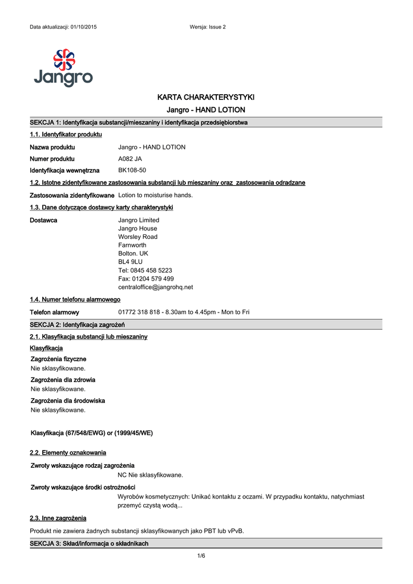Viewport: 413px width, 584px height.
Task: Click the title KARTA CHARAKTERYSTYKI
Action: point(205,97)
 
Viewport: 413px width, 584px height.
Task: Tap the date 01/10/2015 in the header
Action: point(83,27)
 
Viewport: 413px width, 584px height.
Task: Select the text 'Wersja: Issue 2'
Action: point(207,27)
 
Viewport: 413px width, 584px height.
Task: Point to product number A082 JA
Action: point(130,159)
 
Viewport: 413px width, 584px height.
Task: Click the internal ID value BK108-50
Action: point(132,171)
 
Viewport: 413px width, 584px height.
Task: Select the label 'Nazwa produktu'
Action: point(52,147)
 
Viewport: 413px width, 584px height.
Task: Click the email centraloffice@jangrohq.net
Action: point(155,287)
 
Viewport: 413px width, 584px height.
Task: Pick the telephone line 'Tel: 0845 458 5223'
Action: point(145,270)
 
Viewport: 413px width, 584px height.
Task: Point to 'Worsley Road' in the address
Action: point(137,237)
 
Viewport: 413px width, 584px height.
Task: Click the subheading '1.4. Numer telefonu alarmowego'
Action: point(75,299)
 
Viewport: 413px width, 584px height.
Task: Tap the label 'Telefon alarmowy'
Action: point(54,313)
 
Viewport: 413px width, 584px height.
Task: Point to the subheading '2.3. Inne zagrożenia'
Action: point(58,518)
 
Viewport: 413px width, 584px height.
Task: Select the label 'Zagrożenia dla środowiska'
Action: point(67,401)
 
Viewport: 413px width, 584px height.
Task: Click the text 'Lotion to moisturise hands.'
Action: point(155,195)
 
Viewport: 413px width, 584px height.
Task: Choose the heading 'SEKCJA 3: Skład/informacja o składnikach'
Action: point(89,544)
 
